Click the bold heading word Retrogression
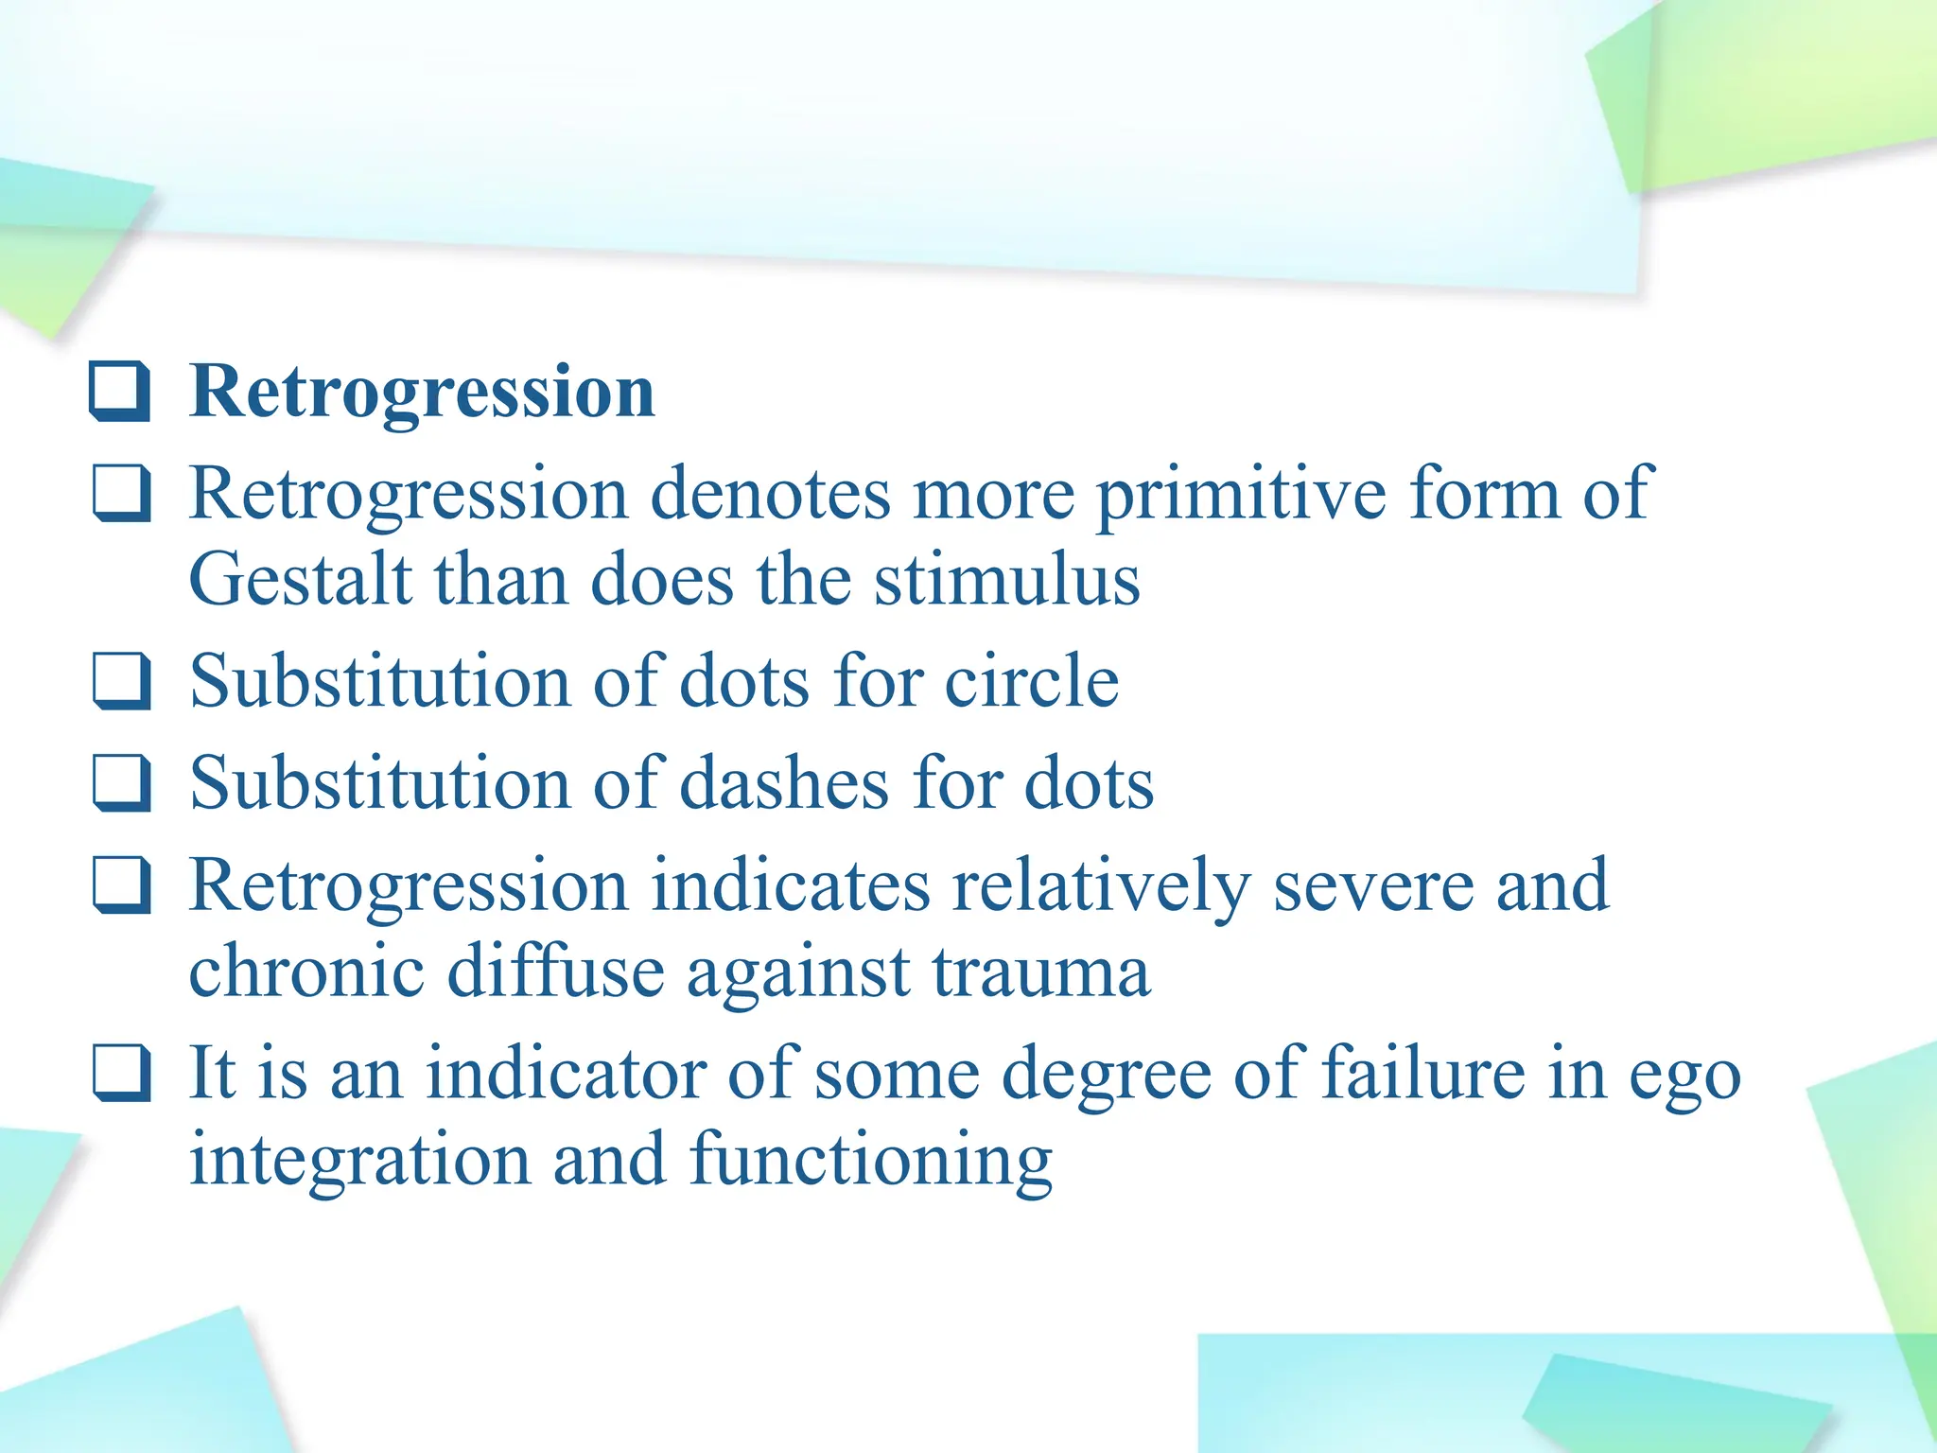tap(422, 391)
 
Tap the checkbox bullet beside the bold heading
tap(120, 391)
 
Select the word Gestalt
tap(300, 580)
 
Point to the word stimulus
tap(1006, 580)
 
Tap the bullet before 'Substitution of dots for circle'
tap(121, 681)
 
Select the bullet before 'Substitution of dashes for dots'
tap(121, 783)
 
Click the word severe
tap(1373, 885)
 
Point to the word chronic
tap(305, 972)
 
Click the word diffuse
tap(555, 972)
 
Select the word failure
tap(1422, 1073)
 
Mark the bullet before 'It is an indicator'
tap(121, 1074)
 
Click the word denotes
tap(771, 495)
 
